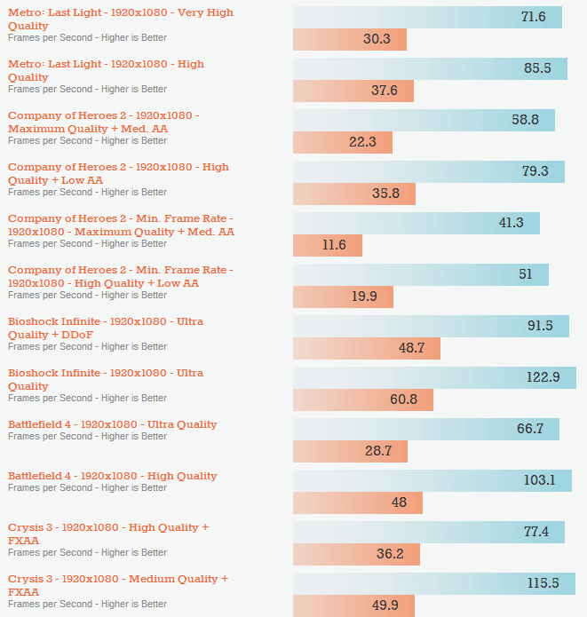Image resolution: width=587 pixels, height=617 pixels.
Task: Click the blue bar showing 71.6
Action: (427, 17)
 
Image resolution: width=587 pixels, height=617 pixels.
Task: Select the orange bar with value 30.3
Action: (349, 39)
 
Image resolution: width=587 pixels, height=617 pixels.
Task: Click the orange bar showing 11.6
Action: (327, 245)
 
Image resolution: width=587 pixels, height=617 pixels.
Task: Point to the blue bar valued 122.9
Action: (434, 377)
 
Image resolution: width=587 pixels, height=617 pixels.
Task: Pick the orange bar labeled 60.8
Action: (362, 399)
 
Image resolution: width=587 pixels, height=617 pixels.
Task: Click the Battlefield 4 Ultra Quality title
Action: (113, 424)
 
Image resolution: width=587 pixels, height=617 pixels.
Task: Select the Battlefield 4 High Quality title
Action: (113, 476)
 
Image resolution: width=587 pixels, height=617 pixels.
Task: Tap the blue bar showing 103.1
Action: (432, 480)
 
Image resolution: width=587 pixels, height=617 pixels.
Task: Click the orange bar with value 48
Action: (357, 502)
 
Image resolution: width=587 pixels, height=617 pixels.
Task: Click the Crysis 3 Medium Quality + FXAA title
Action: (117, 584)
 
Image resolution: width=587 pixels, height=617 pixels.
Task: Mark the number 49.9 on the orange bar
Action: (385, 605)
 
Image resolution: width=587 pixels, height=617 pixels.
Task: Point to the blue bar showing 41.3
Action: (416, 223)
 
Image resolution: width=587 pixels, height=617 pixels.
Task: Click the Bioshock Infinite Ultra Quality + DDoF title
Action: (105, 328)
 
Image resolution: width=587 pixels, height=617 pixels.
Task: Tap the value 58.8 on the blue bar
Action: (525, 120)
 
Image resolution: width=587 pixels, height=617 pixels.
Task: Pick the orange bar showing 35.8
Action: (353, 194)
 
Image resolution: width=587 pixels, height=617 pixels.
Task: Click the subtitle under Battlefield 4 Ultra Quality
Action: (87, 436)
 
